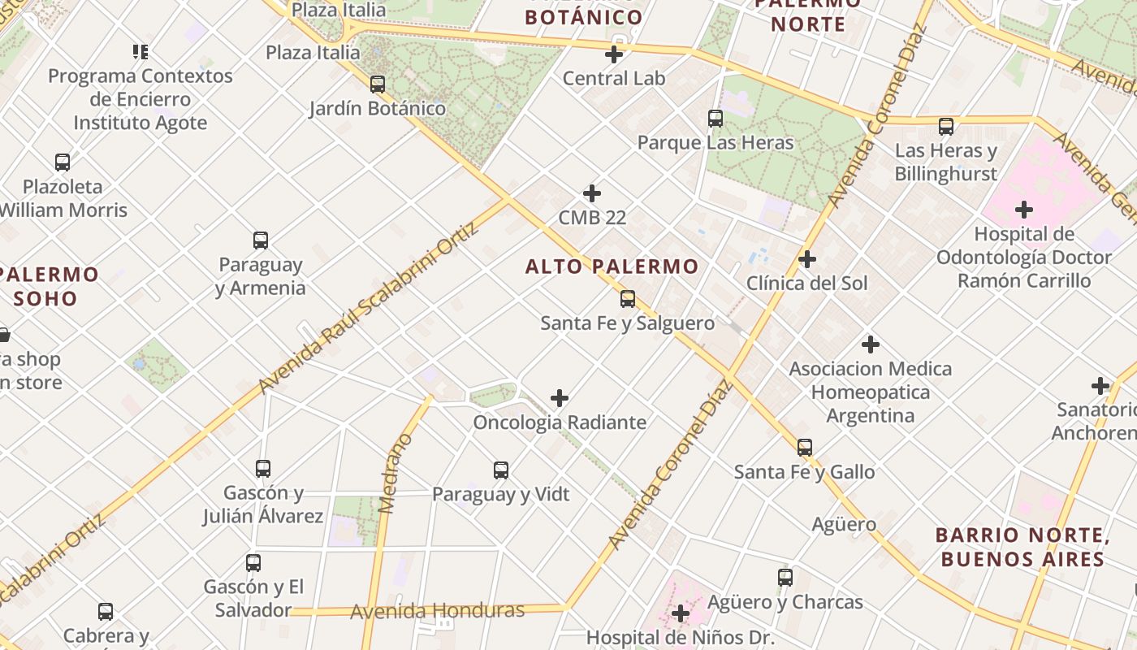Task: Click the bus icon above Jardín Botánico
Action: [377, 84]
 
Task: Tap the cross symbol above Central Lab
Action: [614, 54]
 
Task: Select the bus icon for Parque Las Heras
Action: [715, 119]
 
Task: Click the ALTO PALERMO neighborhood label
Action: [612, 266]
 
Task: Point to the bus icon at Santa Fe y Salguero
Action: [627, 299]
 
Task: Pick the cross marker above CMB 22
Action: [592, 193]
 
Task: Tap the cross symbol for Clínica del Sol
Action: [806, 259]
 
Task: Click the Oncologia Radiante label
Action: [560, 422]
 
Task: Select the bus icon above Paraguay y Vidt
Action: [500, 470]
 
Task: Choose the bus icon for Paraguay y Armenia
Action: [260, 240]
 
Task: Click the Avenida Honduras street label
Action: [437, 611]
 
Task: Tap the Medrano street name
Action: [396, 474]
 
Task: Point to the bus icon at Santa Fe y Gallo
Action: [804, 448]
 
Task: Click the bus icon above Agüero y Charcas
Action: [785, 578]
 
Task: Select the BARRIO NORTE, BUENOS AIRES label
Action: [1022, 547]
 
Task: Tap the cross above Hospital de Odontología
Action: [1023, 210]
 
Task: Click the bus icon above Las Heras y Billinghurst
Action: [945, 127]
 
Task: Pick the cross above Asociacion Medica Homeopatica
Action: [870, 344]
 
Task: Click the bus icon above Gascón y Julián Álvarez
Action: [262, 469]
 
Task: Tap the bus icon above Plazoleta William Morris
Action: [62, 162]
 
